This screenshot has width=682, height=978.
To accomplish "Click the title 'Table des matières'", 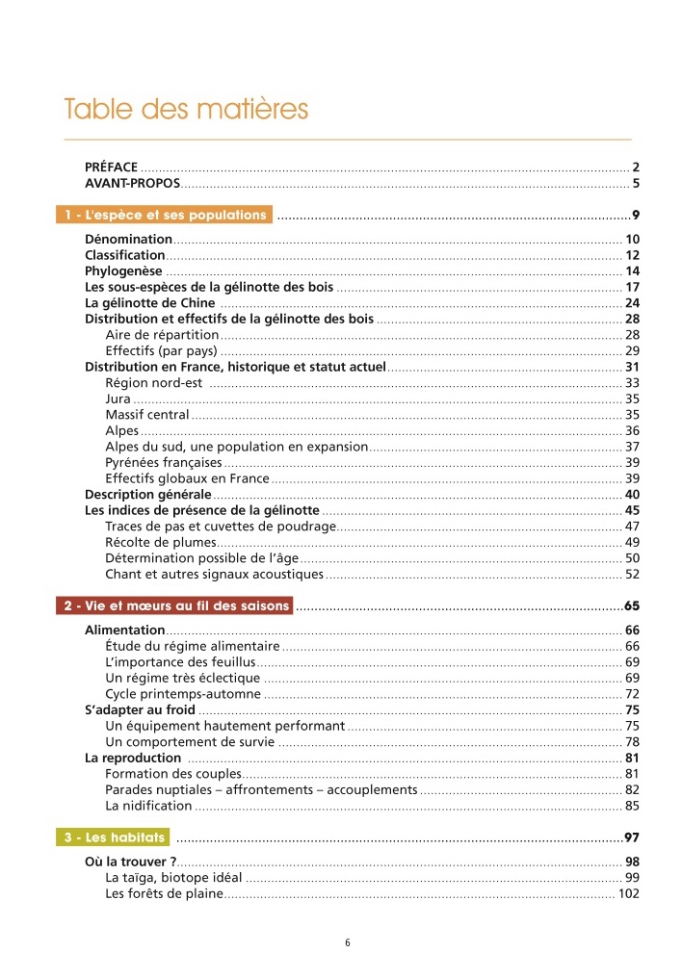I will click(186, 109).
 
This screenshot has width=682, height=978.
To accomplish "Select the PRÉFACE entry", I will click(112, 167).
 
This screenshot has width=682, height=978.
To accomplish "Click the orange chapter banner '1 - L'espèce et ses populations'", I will click(164, 215).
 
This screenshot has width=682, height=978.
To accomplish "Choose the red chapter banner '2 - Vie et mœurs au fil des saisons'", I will click(175, 606).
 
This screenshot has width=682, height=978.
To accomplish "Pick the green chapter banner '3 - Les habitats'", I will click(113, 837).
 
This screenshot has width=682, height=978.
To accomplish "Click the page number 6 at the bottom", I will click(348, 942).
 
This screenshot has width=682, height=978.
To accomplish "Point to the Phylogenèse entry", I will click(123, 271).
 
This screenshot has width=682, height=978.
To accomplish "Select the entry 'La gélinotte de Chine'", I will click(150, 303).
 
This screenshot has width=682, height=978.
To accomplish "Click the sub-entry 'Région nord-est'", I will click(153, 383).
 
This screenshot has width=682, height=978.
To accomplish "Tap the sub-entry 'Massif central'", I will click(147, 415).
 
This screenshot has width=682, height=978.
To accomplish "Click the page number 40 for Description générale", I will click(633, 495).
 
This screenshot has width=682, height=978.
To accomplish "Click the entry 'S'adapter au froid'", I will click(141, 710).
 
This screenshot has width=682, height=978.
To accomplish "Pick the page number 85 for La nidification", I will click(633, 806).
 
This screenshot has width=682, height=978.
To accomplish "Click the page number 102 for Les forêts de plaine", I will click(629, 894).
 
